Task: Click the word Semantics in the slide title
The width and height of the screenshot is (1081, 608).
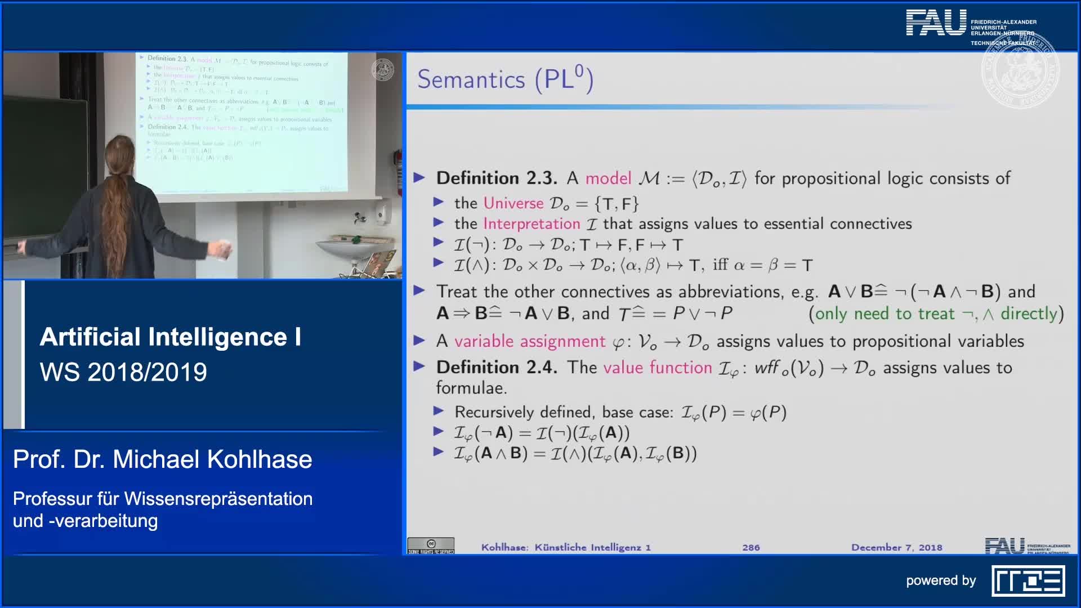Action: [471, 79]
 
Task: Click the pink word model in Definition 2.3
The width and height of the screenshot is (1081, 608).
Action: [608, 178]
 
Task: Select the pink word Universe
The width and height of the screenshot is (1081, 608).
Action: [513, 203]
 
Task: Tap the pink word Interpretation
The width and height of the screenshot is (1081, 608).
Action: [531, 224]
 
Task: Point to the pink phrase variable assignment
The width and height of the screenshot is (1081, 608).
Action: [530, 341]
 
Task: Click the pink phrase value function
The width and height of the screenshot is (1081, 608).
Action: [657, 368]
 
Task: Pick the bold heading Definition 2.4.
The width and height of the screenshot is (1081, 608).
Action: [497, 368]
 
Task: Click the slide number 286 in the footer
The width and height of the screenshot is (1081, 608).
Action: [751, 547]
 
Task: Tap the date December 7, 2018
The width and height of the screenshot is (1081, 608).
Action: [896, 547]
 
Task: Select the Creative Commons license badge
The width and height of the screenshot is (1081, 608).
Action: [431, 546]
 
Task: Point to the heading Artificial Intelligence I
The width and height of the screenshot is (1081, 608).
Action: [170, 337]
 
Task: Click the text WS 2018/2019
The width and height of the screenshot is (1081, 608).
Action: [123, 372]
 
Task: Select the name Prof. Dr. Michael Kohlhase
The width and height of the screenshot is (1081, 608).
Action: [162, 459]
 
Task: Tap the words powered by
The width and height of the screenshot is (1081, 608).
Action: [941, 580]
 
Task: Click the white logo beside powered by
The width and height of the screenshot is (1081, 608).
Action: [1028, 581]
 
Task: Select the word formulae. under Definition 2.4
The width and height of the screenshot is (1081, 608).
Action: [471, 388]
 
